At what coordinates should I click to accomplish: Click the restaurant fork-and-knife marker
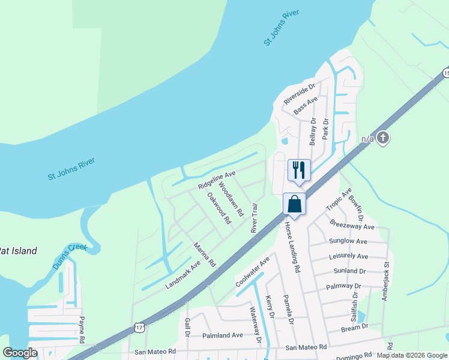point(299,169)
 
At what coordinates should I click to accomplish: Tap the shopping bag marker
point(294,203)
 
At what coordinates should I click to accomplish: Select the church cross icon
point(383,139)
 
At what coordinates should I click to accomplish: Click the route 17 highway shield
point(139,328)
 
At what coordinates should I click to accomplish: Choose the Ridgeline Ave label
point(217,180)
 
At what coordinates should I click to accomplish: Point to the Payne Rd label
point(82,330)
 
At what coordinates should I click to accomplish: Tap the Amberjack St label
point(387,280)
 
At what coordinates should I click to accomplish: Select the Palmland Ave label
point(222,335)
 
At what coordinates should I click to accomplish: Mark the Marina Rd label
point(204,254)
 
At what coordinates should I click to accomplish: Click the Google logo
point(20,353)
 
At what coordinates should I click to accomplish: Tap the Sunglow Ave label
point(348,241)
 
